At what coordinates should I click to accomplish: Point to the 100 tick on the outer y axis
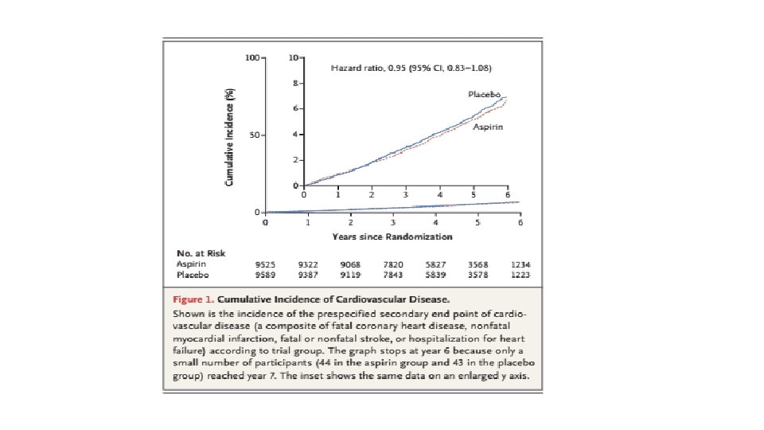(253, 58)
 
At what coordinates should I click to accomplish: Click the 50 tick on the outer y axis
(256, 135)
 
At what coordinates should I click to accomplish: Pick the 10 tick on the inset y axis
(295, 58)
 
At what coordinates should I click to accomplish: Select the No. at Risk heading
(201, 253)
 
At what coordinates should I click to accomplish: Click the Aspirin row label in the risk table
(192, 264)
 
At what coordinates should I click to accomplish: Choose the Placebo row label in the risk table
(192, 275)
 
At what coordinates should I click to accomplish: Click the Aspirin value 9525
(265, 264)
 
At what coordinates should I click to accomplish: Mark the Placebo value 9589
(265, 275)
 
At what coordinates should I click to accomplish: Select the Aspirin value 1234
(521, 264)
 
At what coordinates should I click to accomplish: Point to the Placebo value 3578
(477, 275)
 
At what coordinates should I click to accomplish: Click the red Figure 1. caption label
(193, 300)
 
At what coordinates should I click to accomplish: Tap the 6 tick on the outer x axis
(520, 223)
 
